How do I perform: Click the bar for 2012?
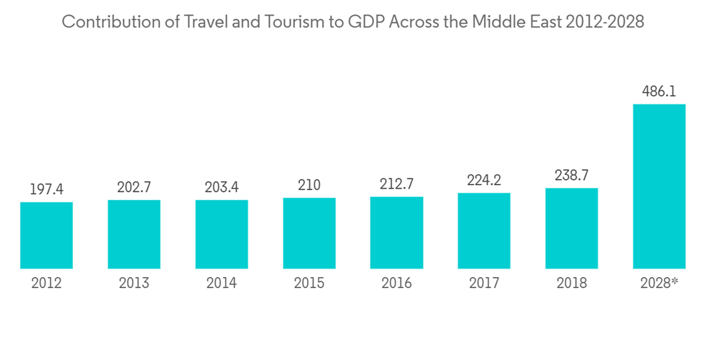46,236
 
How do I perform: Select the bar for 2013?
134,234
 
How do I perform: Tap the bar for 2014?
221,234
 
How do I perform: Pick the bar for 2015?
309,233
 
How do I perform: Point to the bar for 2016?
396,232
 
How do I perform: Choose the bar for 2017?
484,231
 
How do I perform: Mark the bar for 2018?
571,229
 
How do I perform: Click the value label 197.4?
46,189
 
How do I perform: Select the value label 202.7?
134,187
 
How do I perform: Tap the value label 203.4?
221,187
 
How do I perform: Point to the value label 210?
309,185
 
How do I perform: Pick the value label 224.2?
484,180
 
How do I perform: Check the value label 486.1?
659,91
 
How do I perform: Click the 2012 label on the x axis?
46,284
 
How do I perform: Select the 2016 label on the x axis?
396,284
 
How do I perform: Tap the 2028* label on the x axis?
659,284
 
